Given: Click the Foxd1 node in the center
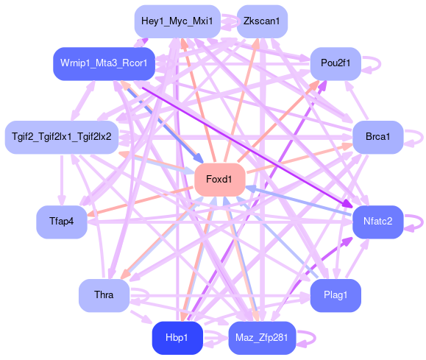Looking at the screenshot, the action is click(x=220, y=180).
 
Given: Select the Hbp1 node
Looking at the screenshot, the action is click(x=177, y=338).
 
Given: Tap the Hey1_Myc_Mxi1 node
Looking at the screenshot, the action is click(x=177, y=21).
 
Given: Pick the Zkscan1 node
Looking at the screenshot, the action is click(x=262, y=21).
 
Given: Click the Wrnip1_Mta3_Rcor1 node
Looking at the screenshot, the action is click(x=104, y=63).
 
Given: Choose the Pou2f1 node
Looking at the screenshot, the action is click(x=336, y=63).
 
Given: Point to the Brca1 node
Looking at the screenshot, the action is click(x=378, y=137).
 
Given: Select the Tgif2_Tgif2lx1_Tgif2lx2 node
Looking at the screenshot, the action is click(x=62, y=137).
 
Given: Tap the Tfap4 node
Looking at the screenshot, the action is click(x=62, y=222).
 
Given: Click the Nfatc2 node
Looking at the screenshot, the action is click(x=378, y=222).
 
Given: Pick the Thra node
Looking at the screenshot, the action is click(x=104, y=295).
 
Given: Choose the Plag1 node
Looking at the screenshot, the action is click(x=336, y=295).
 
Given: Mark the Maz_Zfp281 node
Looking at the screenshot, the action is click(x=262, y=338).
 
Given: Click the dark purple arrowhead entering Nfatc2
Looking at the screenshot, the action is click(x=348, y=204).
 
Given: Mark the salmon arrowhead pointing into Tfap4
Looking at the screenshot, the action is click(x=90, y=214).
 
